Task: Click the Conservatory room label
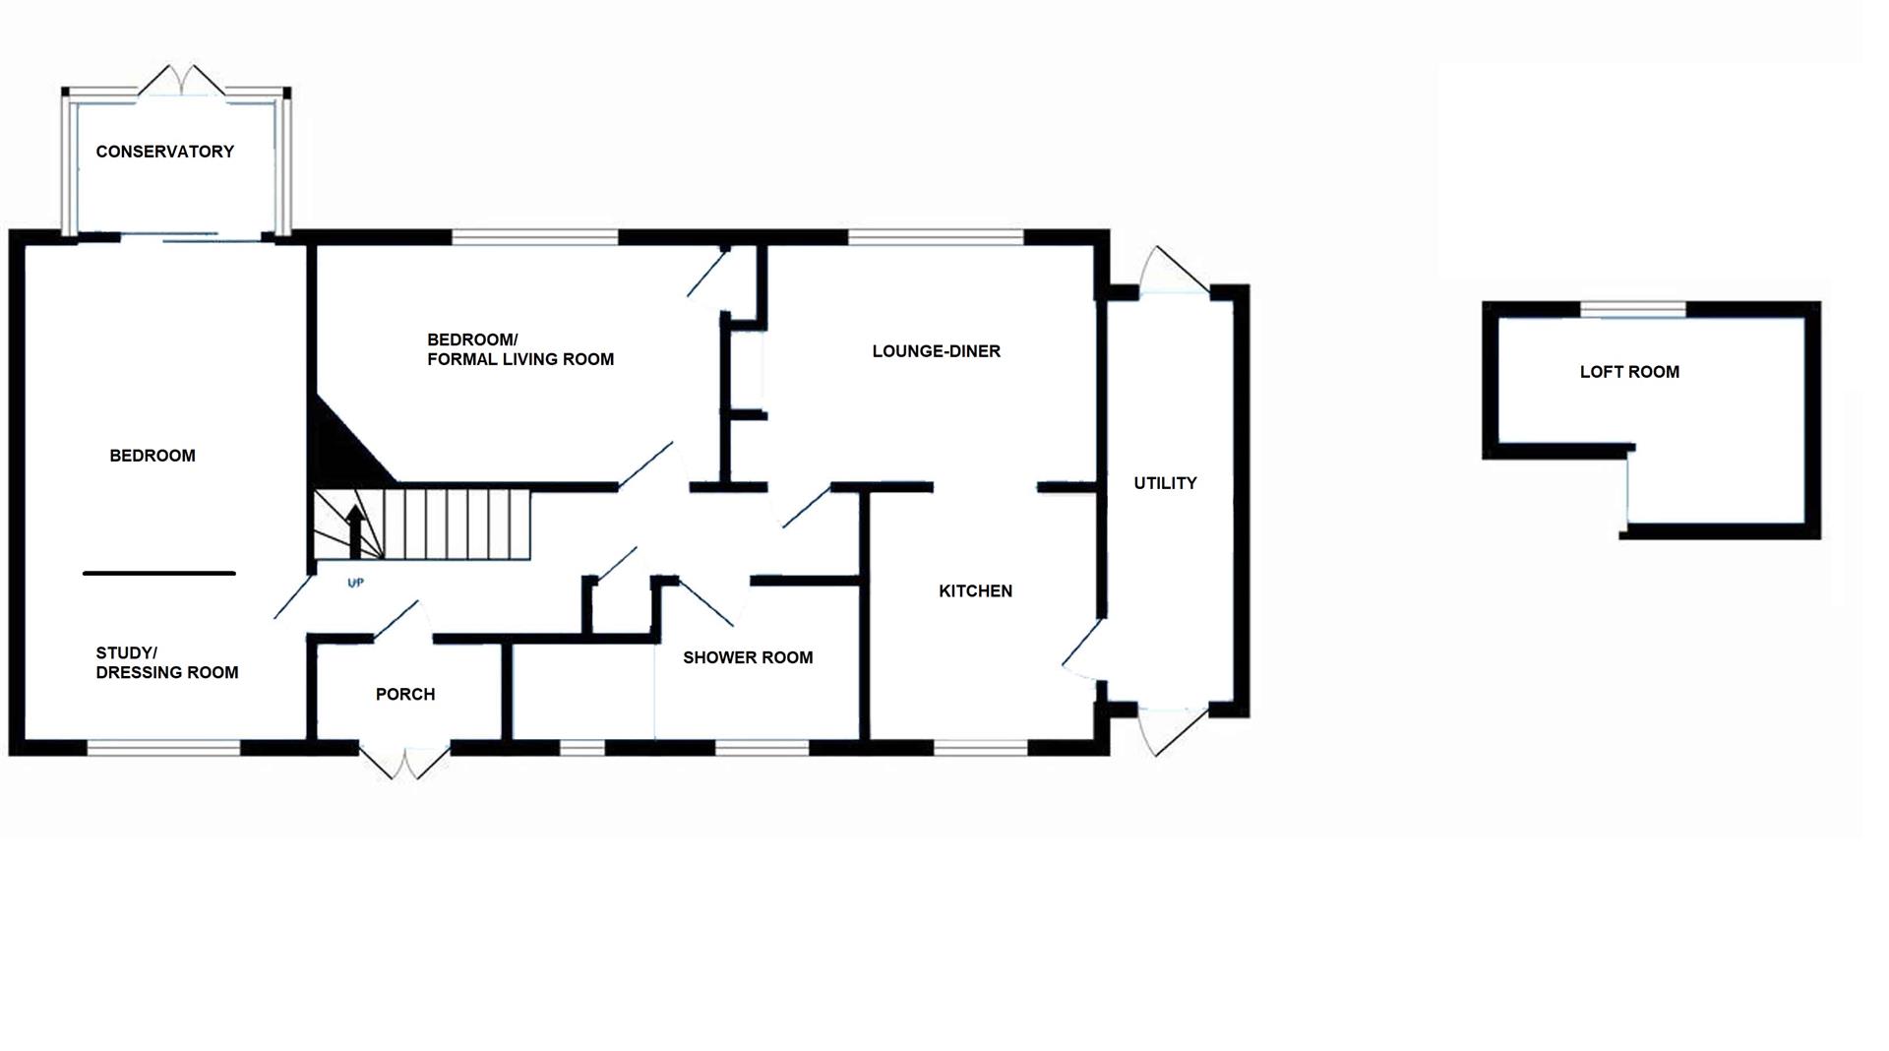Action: click(x=164, y=152)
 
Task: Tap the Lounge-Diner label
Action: click(x=936, y=351)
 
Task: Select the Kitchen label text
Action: click(x=975, y=591)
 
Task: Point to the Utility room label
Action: click(x=1165, y=483)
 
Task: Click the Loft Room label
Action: click(x=1629, y=372)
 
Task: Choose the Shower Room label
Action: click(x=748, y=657)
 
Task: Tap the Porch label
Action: click(x=405, y=695)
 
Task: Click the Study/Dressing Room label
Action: click(x=166, y=663)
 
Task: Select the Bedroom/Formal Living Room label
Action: click(x=519, y=350)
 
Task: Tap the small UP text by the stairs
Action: click(x=356, y=584)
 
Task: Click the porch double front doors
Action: click(x=404, y=763)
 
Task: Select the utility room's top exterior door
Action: click(x=1173, y=272)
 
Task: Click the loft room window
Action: click(x=1633, y=311)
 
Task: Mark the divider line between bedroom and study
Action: click(x=159, y=573)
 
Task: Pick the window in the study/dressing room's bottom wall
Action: click(x=163, y=749)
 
